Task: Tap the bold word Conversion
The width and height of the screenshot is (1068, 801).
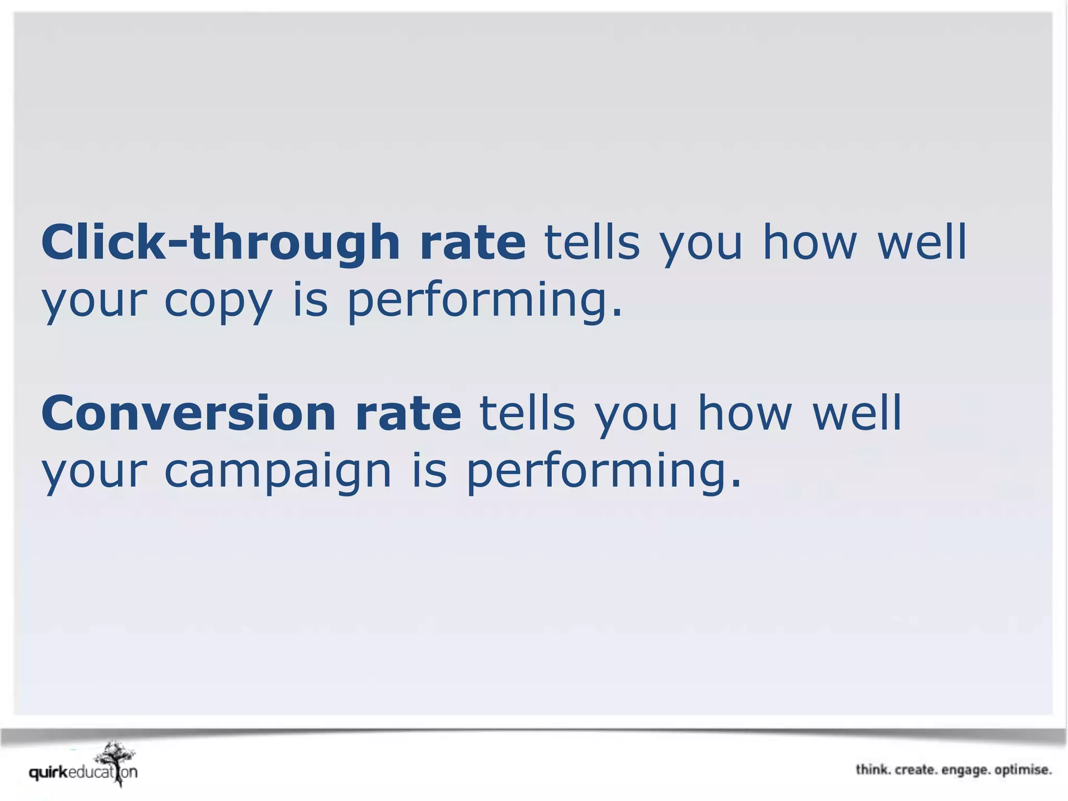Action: pyautogui.click(x=188, y=413)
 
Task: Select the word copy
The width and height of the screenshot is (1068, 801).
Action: pyautogui.click(x=219, y=301)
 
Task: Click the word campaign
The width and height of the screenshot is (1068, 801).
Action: pyautogui.click(x=277, y=471)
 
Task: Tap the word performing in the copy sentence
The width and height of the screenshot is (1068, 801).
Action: pyautogui.click(x=485, y=301)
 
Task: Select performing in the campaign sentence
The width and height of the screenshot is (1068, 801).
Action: pyautogui.click(x=603, y=471)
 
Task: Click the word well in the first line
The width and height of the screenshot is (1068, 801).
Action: pyautogui.click(x=922, y=241)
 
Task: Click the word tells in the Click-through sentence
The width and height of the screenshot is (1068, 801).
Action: pyautogui.click(x=592, y=241)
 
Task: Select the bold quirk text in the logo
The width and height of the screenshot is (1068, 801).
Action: pyautogui.click(x=48, y=772)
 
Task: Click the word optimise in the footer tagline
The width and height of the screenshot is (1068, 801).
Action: pyautogui.click(x=1023, y=770)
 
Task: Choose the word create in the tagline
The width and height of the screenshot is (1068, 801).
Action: pyautogui.click(x=915, y=770)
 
